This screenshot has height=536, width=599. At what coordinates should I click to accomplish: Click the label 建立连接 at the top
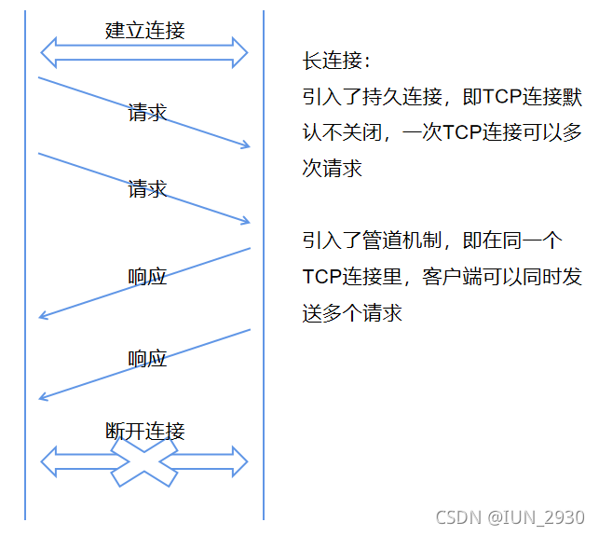tap(144, 30)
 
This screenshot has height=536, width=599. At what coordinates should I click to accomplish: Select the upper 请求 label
tap(147, 113)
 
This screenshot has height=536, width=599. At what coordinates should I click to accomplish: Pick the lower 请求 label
tap(147, 189)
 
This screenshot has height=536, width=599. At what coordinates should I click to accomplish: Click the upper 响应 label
tap(147, 276)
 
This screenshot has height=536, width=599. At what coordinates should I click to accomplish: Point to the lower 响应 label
tap(147, 358)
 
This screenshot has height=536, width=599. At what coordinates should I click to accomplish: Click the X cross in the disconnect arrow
tap(144, 460)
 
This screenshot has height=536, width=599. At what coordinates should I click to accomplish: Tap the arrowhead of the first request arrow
tap(246, 144)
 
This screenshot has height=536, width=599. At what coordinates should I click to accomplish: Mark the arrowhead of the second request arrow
tap(246, 221)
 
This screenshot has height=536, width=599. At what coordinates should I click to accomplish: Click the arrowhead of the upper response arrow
tap(44, 317)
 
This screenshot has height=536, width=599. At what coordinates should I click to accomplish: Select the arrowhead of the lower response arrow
tap(44, 398)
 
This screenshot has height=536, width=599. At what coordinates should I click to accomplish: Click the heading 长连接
tap(335, 61)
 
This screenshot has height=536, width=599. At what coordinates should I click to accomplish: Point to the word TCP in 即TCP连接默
tap(504, 96)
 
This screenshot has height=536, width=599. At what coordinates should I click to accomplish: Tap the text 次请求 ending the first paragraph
tap(332, 169)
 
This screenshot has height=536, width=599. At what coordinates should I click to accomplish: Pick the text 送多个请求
tap(352, 313)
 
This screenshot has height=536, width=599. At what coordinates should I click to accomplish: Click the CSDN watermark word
tap(458, 517)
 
